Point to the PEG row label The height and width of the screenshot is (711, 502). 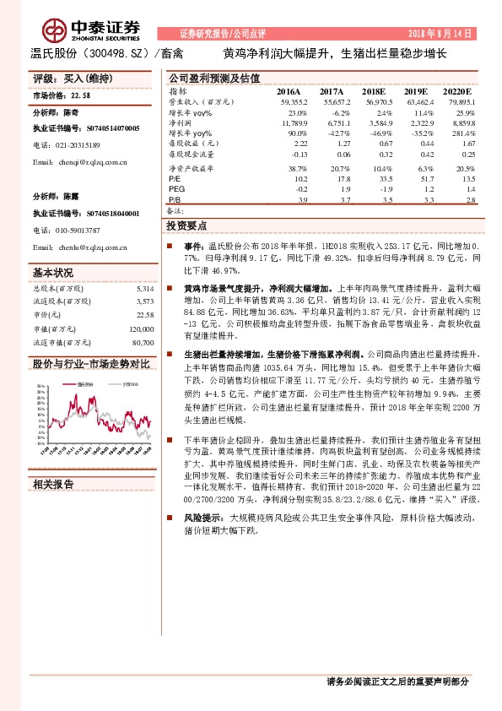(x=177, y=191)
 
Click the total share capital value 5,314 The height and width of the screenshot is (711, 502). (x=144, y=289)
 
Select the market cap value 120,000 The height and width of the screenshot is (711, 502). (x=141, y=330)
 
